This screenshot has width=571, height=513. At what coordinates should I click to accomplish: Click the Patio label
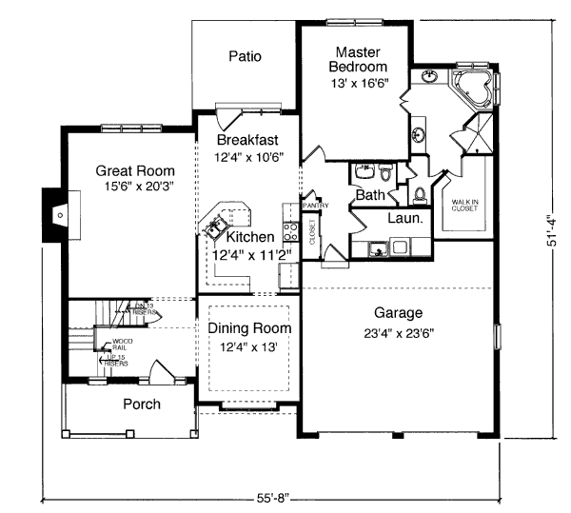(245, 56)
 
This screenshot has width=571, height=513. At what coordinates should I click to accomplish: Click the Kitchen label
(250, 236)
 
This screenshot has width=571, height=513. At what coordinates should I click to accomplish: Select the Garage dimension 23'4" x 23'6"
(398, 333)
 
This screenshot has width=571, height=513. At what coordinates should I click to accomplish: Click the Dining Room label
(249, 329)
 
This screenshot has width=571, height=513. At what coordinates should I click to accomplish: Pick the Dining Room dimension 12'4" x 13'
(249, 347)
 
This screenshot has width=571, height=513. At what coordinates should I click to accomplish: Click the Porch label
(142, 404)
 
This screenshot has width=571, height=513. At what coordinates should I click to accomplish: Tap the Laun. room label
(405, 218)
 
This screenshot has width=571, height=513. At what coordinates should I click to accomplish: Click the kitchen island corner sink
(211, 228)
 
